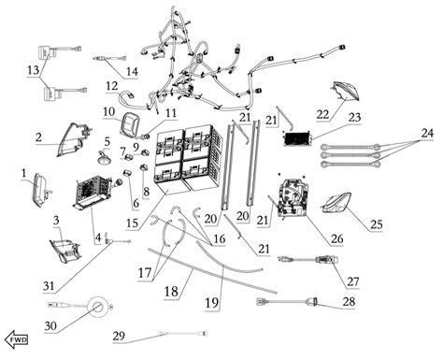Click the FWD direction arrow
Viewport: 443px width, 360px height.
click(17, 339)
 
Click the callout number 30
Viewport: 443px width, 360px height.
click(50, 326)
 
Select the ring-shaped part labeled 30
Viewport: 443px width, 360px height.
click(98, 307)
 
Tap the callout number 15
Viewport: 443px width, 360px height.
click(132, 223)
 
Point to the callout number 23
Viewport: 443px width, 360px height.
click(354, 117)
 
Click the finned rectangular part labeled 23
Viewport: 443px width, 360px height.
click(298, 138)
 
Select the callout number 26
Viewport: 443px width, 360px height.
click(336, 238)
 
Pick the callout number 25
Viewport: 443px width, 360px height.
click(376, 223)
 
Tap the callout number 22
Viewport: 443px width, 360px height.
click(323, 114)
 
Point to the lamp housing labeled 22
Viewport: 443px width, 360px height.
click(345, 91)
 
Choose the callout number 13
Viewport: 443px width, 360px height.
click(34, 70)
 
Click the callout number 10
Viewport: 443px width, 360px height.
click(108, 111)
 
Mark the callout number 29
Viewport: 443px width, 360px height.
click(119, 336)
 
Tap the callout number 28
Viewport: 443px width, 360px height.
click(349, 301)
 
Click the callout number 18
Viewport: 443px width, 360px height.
click(171, 292)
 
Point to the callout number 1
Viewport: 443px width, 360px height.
click(23, 172)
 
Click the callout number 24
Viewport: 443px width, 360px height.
click(427, 133)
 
